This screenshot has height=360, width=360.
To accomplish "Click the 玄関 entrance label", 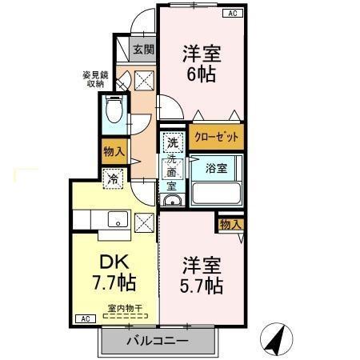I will click(143, 50).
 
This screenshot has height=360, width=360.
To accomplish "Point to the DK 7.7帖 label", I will click(115, 272).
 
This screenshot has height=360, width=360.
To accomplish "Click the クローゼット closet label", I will click(217, 137).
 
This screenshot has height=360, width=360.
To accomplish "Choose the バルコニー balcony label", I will click(157, 342).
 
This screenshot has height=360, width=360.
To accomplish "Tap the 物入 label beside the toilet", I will click(113, 150).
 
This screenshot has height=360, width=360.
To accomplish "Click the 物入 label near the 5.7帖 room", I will click(230, 224).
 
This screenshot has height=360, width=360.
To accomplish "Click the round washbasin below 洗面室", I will click(171, 200).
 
